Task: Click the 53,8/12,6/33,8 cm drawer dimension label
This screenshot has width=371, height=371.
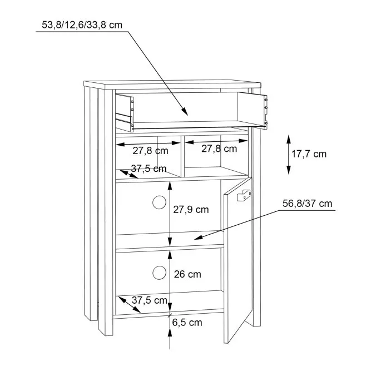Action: tap(82, 25)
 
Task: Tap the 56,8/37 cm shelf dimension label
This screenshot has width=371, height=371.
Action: tap(307, 204)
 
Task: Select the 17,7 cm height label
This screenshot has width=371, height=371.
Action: tap(309, 154)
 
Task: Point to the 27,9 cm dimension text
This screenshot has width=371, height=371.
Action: tap(191, 210)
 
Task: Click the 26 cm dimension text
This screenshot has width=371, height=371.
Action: tap(187, 274)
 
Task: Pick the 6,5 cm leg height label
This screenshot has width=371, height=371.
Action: tap(187, 323)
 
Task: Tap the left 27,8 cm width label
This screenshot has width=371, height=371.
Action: tap(150, 151)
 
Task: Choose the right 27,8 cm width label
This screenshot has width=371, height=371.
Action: tap(219, 149)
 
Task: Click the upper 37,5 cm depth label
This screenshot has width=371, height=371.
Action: tap(149, 169)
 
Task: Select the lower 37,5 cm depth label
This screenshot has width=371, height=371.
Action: tap(150, 300)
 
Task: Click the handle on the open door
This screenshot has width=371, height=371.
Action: tap(244, 195)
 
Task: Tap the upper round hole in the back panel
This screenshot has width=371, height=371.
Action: tap(159, 202)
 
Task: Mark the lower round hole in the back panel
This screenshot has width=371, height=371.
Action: tap(159, 273)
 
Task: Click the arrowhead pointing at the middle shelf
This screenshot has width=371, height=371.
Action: tap(198, 238)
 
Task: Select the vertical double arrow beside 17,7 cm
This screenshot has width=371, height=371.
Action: tap(289, 155)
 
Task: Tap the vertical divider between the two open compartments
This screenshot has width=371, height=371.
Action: tap(182, 156)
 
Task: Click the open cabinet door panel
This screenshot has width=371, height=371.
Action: tap(239, 260)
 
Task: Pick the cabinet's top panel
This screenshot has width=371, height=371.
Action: tap(172, 85)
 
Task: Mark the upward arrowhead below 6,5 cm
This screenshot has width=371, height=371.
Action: tap(170, 334)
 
